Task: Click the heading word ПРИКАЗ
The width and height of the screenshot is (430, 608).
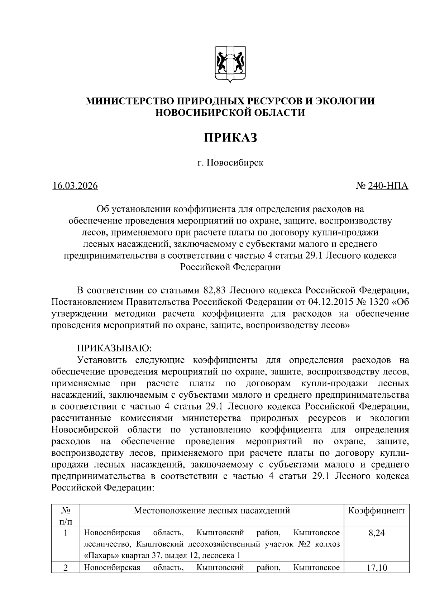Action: click(230, 138)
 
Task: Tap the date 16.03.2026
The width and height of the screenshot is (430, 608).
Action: click(75, 186)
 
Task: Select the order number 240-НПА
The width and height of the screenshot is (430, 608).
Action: click(388, 186)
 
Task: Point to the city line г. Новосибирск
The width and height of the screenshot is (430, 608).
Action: click(230, 163)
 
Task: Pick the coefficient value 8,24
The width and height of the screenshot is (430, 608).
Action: click(376, 533)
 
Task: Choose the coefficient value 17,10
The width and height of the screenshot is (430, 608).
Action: click(376, 568)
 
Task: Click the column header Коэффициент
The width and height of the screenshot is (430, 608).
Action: click(376, 511)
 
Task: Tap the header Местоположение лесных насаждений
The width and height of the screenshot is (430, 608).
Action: click(212, 511)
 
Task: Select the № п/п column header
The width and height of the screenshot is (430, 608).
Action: click(65, 516)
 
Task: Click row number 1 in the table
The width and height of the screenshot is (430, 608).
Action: click(66, 533)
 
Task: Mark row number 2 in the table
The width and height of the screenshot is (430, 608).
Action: click(66, 568)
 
